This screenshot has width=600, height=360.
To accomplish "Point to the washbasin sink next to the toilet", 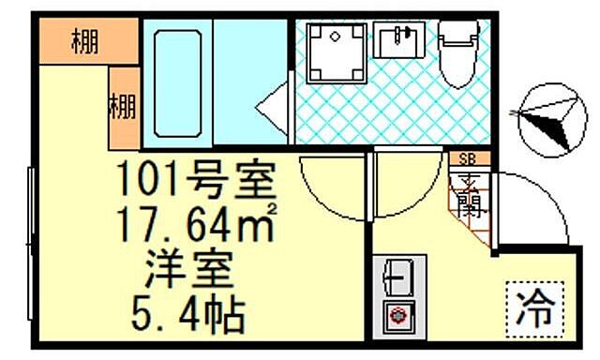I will pos(400,41).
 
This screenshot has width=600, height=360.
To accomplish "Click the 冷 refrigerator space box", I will pos(537,305).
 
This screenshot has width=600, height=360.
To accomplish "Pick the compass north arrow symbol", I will pos(549,117).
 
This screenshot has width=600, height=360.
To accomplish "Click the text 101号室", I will pos(198,178).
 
